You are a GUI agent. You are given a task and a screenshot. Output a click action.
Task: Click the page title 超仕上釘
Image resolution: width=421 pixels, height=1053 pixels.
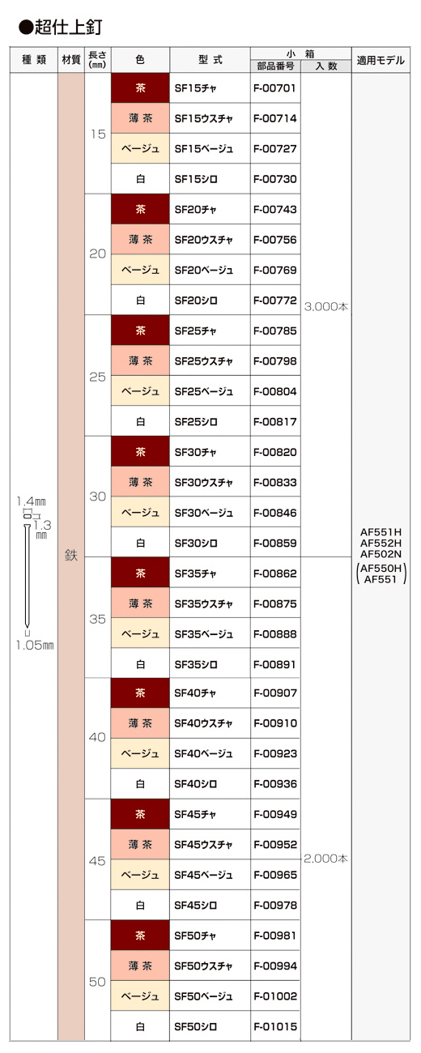coord(68,28)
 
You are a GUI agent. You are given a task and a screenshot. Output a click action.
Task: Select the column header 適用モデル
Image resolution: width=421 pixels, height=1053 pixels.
coord(381,60)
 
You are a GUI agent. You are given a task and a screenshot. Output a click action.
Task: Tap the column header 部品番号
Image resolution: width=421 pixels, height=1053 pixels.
coord(275,66)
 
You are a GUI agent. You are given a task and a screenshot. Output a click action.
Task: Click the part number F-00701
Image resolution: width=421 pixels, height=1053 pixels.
coord(275,88)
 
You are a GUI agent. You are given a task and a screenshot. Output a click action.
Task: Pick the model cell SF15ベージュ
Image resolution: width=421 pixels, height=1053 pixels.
coord(204,148)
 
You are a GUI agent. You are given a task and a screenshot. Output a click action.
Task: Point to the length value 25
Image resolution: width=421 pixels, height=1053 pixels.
coord(98,377)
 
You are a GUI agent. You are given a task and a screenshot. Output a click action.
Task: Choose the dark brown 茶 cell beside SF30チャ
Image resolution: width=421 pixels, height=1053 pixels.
coord(140,451)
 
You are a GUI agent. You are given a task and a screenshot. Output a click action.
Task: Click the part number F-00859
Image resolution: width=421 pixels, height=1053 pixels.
coord(275,543)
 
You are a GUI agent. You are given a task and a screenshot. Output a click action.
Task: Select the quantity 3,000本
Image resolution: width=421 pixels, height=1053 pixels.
coord(326,306)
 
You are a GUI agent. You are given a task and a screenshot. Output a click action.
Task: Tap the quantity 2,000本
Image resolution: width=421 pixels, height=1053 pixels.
coord(325,859)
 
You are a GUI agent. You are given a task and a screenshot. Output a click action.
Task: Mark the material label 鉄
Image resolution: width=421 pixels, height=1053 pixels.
coord(71,556)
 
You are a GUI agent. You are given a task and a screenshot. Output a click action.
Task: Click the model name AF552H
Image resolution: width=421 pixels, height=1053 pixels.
coord(381,543)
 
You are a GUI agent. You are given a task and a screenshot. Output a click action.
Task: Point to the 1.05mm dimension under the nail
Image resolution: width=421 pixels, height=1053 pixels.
coord(35,645)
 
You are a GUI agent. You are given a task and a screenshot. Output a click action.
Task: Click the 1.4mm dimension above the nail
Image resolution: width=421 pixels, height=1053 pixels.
coord(32,501)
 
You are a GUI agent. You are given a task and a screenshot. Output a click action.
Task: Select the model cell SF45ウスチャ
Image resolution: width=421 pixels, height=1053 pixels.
coord(203,845)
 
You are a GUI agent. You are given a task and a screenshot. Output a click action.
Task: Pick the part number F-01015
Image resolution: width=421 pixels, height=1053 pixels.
coord(275,1027)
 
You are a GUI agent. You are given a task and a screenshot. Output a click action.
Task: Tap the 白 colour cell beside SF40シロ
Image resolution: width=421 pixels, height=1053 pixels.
coord(140,783)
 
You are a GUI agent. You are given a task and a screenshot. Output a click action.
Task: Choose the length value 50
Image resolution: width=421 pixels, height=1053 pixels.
coord(97,982)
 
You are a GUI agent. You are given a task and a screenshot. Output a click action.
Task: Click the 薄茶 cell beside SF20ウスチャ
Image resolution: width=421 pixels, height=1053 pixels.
coord(140,239)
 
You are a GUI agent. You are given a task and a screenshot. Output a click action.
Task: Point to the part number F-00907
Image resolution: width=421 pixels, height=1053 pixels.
coord(275,693)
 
